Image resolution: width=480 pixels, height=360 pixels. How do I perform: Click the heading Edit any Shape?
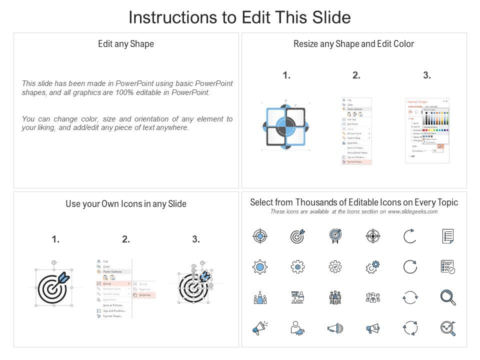pyautogui.click(x=126, y=44)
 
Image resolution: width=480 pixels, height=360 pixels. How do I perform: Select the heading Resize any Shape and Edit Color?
pyautogui.click(x=353, y=44)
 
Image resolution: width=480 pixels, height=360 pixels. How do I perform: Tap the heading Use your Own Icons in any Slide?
pyautogui.click(x=126, y=204)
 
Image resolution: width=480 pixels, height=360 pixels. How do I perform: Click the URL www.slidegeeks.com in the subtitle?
pyautogui.click(x=412, y=211)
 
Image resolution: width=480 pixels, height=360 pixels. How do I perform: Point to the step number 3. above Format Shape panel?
pyautogui.click(x=426, y=75)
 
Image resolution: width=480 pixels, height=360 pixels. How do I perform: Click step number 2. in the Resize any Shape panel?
pyautogui.click(x=356, y=75)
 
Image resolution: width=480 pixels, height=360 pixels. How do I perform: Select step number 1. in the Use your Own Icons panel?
pyautogui.click(x=55, y=239)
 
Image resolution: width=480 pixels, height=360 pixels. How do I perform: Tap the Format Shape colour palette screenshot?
pyautogui.click(x=427, y=130)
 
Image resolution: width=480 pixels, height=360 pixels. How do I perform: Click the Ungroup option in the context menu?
pyautogui.click(x=144, y=295)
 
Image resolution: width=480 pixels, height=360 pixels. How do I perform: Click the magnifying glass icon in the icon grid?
pyautogui.click(x=447, y=297)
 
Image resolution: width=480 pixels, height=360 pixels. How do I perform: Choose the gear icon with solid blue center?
pyautogui.click(x=260, y=267)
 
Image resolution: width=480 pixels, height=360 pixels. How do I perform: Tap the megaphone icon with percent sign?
pyautogui.click(x=372, y=328)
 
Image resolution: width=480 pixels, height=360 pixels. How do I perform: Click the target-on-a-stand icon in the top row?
pyautogui.click(x=335, y=236)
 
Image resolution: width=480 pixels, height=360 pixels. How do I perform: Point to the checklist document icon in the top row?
pyautogui.click(x=447, y=236)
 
